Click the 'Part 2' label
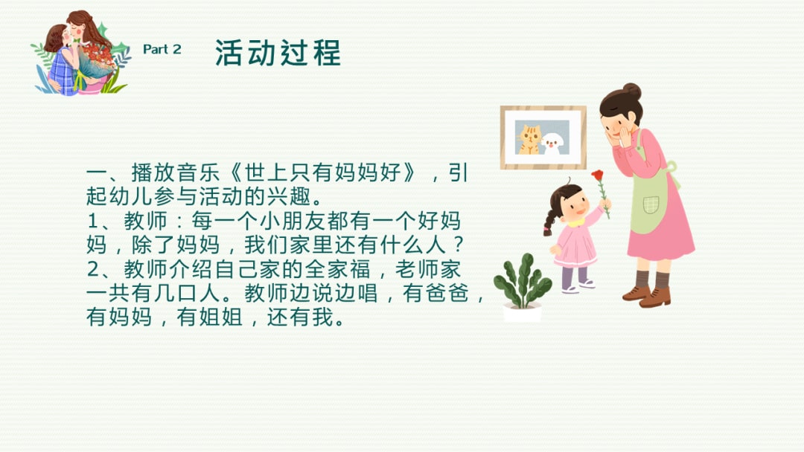point(162,50)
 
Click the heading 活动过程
point(278,53)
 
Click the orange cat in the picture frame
point(529,138)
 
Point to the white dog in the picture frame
point(553,141)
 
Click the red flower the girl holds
point(598,175)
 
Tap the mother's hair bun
point(632,91)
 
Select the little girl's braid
point(550,220)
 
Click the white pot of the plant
point(522,312)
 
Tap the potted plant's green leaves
point(523,279)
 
